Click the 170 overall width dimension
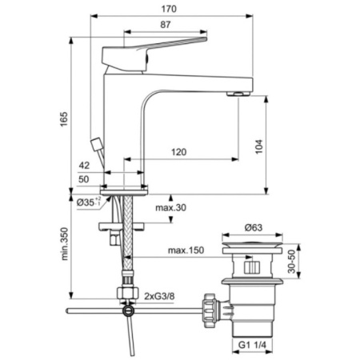pos(169,9)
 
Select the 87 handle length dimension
pos(166,25)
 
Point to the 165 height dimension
pos(64,119)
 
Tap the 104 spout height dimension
pos(259,146)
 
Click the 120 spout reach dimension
pos(178,152)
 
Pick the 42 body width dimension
pos(84,166)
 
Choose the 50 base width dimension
pos(84,179)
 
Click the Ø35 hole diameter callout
pos(89,202)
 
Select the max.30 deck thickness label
pos(171,207)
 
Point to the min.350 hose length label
pos(64,244)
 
